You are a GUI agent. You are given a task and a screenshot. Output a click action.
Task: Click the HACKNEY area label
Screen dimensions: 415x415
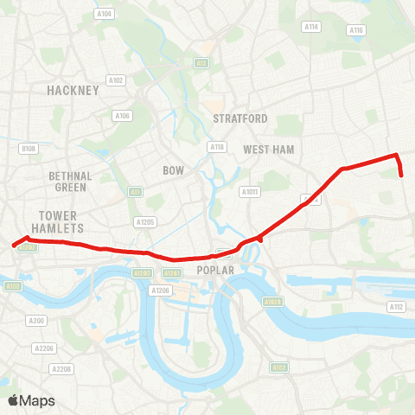point(73,89)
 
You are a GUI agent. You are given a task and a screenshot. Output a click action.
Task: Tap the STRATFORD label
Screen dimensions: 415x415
point(239,118)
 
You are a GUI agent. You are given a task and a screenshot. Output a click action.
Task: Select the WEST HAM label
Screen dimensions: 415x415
point(269,150)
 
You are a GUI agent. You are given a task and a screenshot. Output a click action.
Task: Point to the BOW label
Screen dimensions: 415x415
point(174,170)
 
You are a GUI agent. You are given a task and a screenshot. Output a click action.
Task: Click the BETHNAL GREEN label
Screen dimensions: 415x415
point(71,181)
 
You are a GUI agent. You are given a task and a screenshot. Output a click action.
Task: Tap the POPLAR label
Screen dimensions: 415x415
point(216,270)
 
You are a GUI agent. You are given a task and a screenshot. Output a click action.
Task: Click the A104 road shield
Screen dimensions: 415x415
point(105,14)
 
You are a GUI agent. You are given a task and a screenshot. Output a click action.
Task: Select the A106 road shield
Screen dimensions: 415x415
point(122,115)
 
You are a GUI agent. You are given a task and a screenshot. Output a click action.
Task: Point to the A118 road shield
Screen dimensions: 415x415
point(217,147)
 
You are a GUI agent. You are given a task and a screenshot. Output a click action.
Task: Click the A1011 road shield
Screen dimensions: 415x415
point(251,192)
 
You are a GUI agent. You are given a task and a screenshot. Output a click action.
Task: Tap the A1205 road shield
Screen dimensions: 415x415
point(144,222)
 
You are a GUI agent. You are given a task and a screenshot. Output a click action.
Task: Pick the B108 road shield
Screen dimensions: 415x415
point(29,149)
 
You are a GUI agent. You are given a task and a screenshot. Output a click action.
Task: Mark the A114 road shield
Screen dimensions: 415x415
point(311,27)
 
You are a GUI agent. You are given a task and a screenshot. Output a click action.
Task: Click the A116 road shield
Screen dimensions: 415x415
point(356,30)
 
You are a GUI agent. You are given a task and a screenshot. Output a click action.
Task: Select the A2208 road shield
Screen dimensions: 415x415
point(61,369)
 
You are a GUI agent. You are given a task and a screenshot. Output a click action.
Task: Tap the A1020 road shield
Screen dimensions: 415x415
point(272,302)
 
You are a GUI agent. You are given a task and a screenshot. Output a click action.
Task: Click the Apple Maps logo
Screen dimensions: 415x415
point(29,400)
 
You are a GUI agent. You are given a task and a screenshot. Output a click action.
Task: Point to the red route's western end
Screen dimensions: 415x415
point(14,246)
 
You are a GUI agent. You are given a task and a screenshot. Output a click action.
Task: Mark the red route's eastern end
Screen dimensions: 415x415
point(403,176)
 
